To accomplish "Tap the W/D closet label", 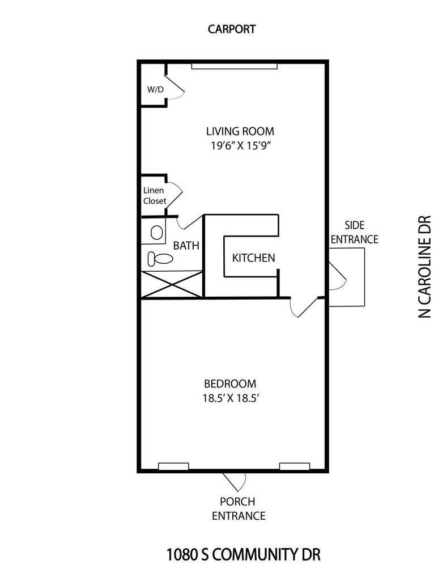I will [155, 89].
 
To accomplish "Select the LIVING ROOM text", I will [241, 131].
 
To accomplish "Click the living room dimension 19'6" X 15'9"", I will [241, 145].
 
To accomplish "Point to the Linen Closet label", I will [154, 196].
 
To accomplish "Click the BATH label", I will [186, 246].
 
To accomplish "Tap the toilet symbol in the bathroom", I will [160, 259].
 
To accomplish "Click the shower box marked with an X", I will [171, 284].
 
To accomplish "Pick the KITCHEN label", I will [253, 258].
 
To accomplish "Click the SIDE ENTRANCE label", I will [354, 232].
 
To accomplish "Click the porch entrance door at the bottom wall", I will [234, 481].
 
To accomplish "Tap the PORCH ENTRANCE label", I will [238, 509].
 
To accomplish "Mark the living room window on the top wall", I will [235, 66].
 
